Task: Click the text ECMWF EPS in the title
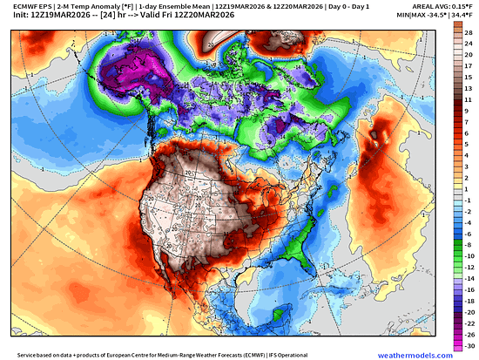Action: [x=25, y=6]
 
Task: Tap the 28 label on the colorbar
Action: [x=469, y=31]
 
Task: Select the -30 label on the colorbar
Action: [x=469, y=345]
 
